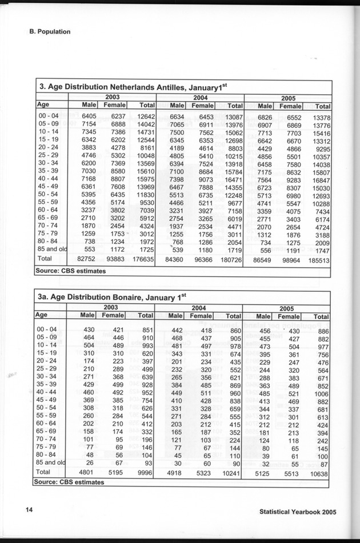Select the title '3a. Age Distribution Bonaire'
tap(113, 297)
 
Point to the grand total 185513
tap(318, 260)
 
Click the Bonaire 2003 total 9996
tap(145, 472)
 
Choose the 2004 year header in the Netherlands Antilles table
tap(199, 97)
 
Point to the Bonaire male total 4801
tap(85, 472)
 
